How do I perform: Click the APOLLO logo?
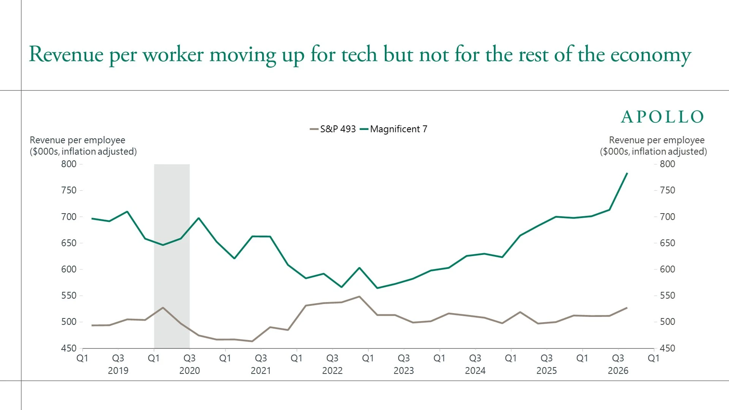tap(663, 117)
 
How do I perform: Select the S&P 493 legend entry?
tap(333, 129)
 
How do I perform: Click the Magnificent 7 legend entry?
tap(394, 129)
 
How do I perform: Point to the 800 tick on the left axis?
tap(69, 164)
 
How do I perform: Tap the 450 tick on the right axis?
tap(667, 348)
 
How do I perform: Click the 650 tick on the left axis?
tap(69, 243)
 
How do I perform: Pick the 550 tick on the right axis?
tap(667, 296)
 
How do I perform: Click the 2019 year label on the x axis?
tap(118, 371)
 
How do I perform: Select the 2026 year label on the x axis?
tap(618, 371)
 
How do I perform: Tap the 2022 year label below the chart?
tap(332, 371)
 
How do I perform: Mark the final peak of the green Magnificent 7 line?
tap(627, 173)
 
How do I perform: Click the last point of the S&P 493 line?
tap(627, 308)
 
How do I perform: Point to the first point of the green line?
tap(92, 218)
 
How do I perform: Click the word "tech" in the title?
tap(359, 54)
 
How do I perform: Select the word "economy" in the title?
tap(651, 55)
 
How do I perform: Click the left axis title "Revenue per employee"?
tap(77, 140)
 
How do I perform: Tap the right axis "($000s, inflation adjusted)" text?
tap(653, 152)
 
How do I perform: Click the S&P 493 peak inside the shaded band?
tap(163, 307)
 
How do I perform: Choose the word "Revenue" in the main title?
tap(66, 54)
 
